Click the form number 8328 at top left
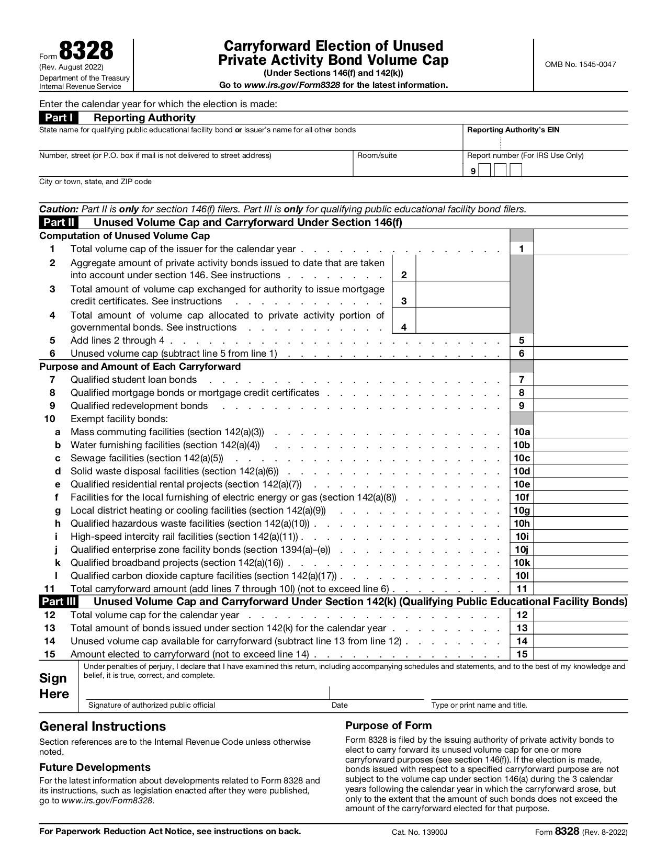[86, 51]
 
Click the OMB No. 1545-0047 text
[580, 64]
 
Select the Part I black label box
[59, 118]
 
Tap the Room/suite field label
[377, 155]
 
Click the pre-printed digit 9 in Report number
[473, 171]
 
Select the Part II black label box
[59, 222]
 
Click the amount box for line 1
[580, 249]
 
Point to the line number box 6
[521, 354]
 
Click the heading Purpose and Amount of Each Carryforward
[140, 367]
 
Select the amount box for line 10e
[580, 484]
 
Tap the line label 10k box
[521, 563]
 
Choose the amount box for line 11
[580, 589]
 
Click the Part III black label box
[59, 601]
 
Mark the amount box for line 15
[580, 654]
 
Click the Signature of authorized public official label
[152, 705]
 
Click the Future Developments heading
[95, 767]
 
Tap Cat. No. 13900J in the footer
[420, 832]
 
